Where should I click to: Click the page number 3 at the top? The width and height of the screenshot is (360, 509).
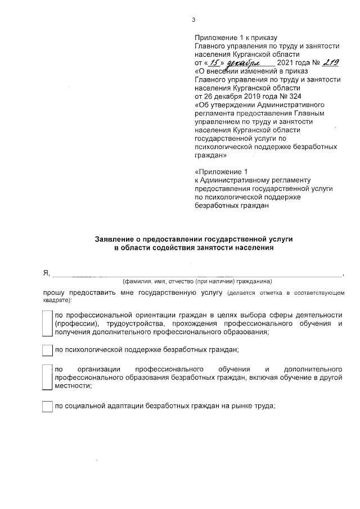[x=193, y=20]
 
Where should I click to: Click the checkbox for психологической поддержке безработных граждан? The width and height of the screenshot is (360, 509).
[x=47, y=350]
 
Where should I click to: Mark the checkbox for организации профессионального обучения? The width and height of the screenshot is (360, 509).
[x=47, y=377]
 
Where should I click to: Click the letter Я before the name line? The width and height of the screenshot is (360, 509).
[x=46, y=273]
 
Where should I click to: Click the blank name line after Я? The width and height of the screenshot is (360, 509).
[x=197, y=274]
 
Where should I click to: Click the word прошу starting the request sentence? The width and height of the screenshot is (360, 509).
[x=54, y=293]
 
